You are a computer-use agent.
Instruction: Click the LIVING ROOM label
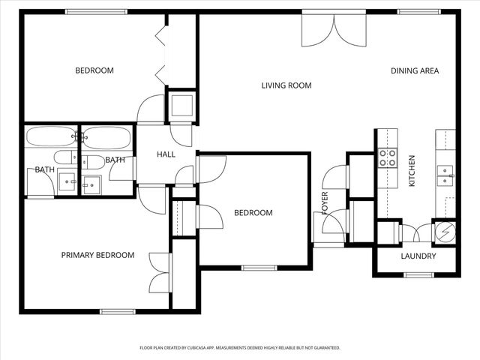[x=286, y=85]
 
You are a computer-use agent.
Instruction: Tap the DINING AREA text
[x=415, y=71]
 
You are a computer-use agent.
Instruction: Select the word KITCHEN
[x=411, y=171]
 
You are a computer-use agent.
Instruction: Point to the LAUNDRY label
[x=418, y=256]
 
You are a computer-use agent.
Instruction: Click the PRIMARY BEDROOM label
[x=97, y=255]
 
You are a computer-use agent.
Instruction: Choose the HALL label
[x=166, y=154]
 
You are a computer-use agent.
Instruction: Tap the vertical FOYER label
[x=325, y=202]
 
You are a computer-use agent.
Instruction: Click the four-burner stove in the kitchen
[x=387, y=157]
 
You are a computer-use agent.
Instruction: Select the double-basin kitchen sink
[x=445, y=175]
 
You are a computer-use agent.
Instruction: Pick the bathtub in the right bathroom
[x=107, y=137]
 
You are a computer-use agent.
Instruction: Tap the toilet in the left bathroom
[x=64, y=158]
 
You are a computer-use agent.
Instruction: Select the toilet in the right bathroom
[x=92, y=161]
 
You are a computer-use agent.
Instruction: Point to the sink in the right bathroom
[x=91, y=184]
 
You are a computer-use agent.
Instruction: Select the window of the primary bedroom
[x=118, y=311]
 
